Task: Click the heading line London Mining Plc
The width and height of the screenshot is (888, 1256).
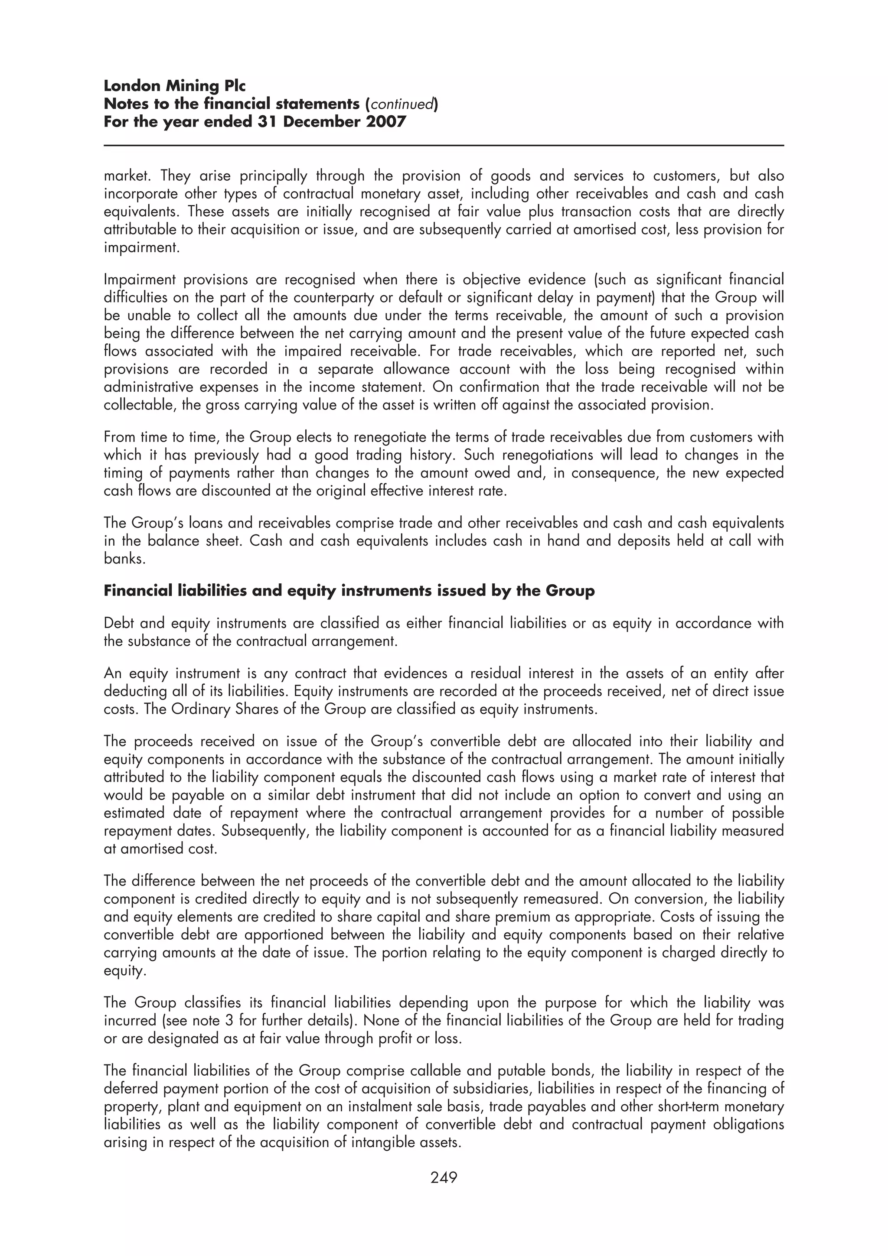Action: tap(175, 86)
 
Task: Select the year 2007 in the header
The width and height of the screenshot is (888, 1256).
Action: tap(386, 121)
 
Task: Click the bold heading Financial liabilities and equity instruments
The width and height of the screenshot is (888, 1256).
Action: tap(349, 591)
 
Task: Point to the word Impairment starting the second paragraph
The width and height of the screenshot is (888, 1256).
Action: tap(139, 280)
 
